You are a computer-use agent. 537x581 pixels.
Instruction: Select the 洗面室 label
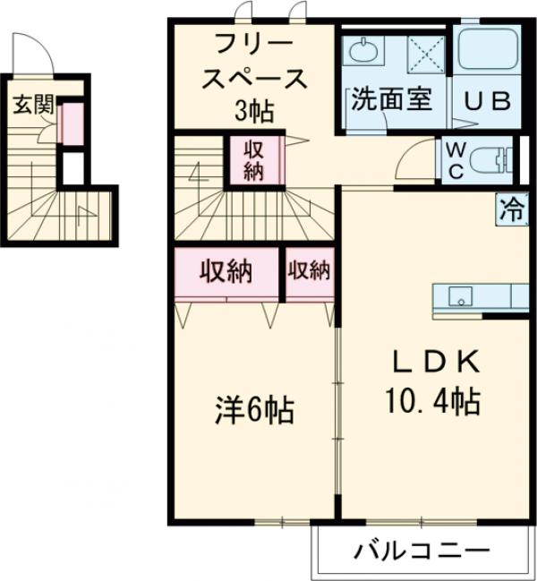tap(392, 99)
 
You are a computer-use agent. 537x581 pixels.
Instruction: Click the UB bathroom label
tap(487, 101)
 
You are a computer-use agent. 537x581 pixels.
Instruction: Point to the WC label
tap(454, 160)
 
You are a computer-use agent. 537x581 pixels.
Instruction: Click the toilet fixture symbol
tap(490, 160)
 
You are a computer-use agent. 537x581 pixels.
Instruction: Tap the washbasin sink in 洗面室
tap(364, 52)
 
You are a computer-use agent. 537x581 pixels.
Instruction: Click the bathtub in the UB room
tap(488, 52)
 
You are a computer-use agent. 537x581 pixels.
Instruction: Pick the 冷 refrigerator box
tap(512, 210)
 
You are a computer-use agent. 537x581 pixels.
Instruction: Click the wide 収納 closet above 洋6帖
tap(226, 270)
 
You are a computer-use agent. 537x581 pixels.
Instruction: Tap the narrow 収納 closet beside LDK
tap(308, 270)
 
